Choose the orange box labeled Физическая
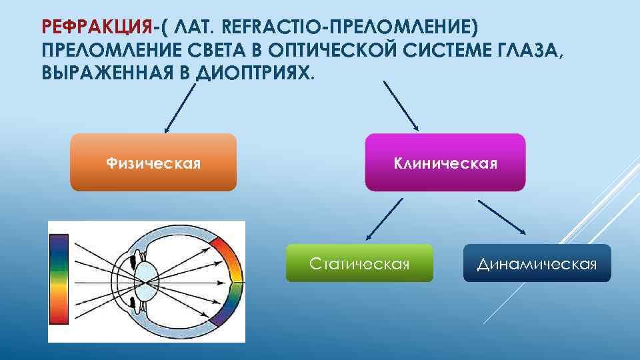pyautogui.click(x=153, y=163)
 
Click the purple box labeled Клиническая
pyautogui.click(x=445, y=163)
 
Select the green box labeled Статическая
pyautogui.click(x=359, y=263)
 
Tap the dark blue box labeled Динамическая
pyautogui.click(x=537, y=263)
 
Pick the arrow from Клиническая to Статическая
pyautogui.click(x=385, y=219)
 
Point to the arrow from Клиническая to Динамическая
pyautogui.click(x=502, y=217)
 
